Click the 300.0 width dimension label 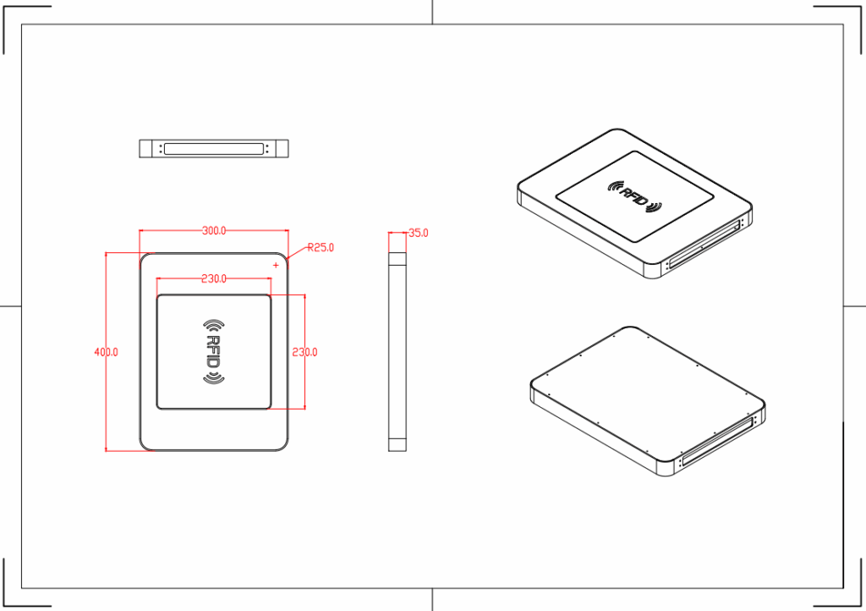click(x=214, y=230)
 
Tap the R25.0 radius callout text click(x=321, y=247)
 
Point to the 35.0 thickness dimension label click(x=418, y=233)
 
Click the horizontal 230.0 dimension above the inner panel click(x=214, y=278)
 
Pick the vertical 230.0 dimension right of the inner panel click(x=304, y=352)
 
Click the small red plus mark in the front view click(x=276, y=265)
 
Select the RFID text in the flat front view click(x=214, y=352)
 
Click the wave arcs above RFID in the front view click(x=214, y=325)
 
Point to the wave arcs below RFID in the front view click(x=214, y=378)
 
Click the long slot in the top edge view click(x=214, y=149)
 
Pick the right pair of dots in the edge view click(x=268, y=149)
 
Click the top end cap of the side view click(x=397, y=259)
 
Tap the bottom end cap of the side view click(x=397, y=444)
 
